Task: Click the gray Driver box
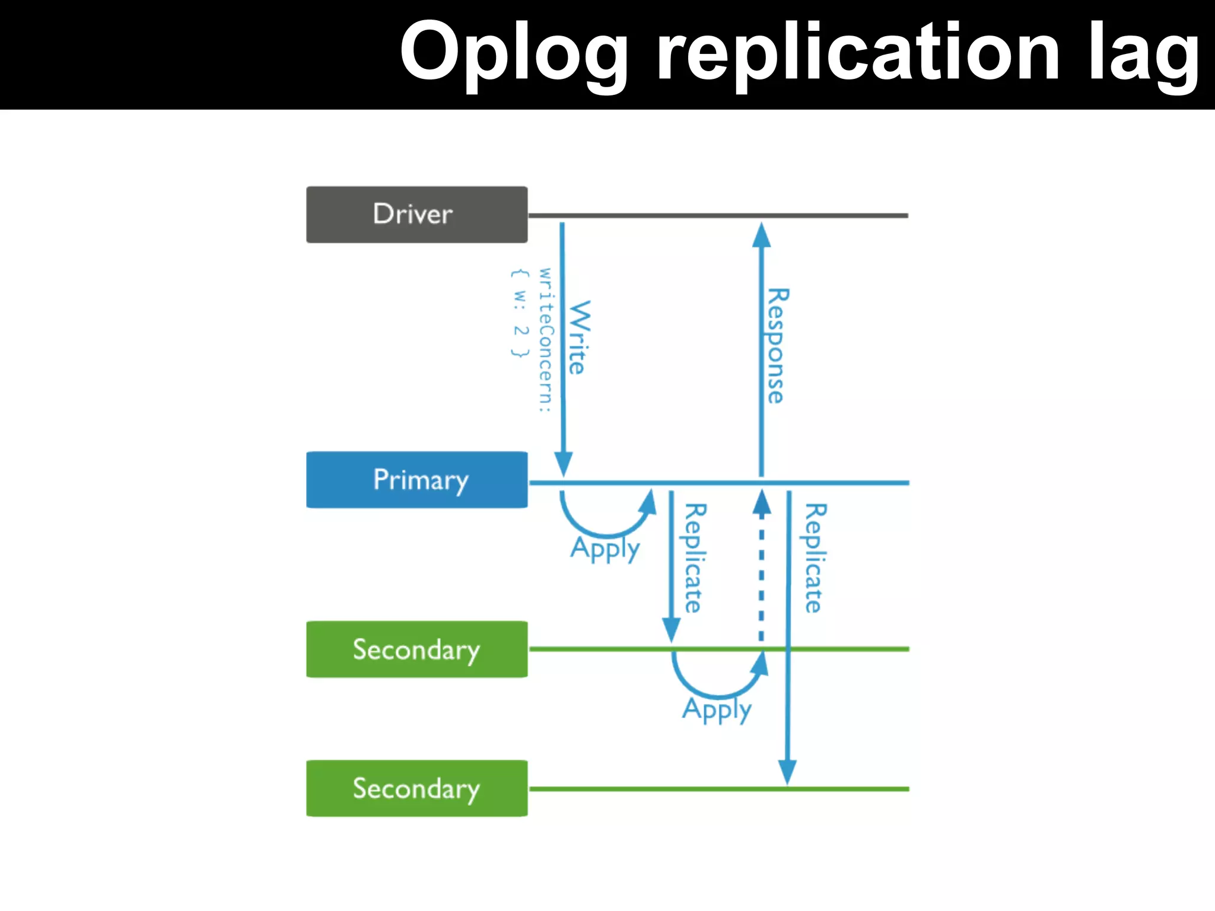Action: (x=416, y=214)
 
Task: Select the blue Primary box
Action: (x=416, y=479)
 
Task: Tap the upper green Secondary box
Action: (x=416, y=649)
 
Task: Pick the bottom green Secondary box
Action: (x=416, y=788)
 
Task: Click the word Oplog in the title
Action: (x=514, y=53)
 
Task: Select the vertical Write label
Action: (x=580, y=337)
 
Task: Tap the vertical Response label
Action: (x=777, y=346)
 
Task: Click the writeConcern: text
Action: (x=545, y=339)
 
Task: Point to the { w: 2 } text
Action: (x=520, y=313)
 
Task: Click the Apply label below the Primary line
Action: (x=605, y=548)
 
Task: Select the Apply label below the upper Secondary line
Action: (x=717, y=709)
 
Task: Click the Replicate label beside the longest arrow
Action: (x=815, y=558)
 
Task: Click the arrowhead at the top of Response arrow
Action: (x=761, y=235)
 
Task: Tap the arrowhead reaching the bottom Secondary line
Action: (x=787, y=772)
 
